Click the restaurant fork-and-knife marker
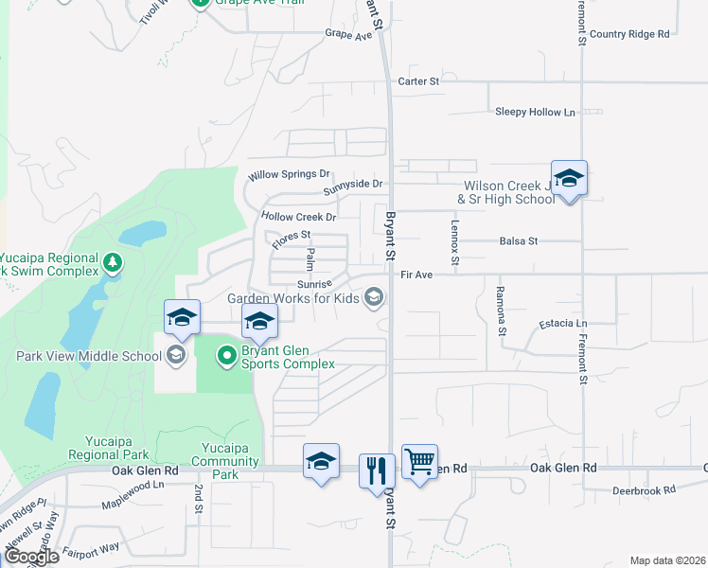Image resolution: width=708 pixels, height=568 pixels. (x=377, y=469)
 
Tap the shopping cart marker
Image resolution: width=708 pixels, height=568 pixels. (x=419, y=462)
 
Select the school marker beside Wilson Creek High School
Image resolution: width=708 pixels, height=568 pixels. (x=570, y=178)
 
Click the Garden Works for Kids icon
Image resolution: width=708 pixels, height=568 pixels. (x=374, y=298)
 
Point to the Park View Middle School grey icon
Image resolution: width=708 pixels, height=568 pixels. (x=175, y=356)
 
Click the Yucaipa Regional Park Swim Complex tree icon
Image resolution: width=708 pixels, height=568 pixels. (x=113, y=261)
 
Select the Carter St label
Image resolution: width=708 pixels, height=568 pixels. (x=419, y=81)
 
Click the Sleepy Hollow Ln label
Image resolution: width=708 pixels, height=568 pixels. (x=535, y=112)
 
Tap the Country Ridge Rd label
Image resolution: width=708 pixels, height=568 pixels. (x=628, y=34)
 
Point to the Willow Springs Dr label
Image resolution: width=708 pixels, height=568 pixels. (x=289, y=175)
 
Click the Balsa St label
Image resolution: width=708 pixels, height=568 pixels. (x=519, y=241)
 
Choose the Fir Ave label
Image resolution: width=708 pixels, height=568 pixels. (x=416, y=275)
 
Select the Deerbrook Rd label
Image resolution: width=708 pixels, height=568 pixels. (x=643, y=490)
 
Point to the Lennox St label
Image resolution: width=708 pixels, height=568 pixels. (x=455, y=243)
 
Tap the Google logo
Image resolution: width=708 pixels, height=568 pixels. (x=31, y=557)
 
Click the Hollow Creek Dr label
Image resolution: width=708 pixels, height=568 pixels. (x=298, y=217)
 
